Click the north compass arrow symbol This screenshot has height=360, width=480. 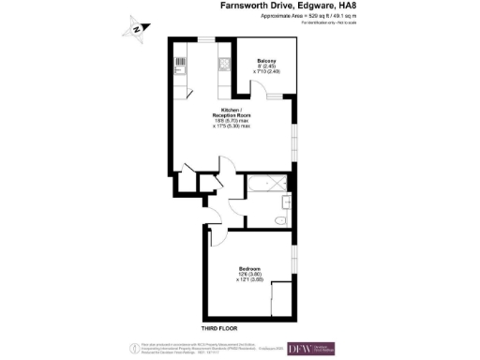tap(137, 28)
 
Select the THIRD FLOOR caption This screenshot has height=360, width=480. tap(222, 329)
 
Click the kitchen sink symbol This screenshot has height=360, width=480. tap(179, 66)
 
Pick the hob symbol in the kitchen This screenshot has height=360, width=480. tap(225, 65)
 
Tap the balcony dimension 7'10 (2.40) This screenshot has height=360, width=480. tap(269, 73)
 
